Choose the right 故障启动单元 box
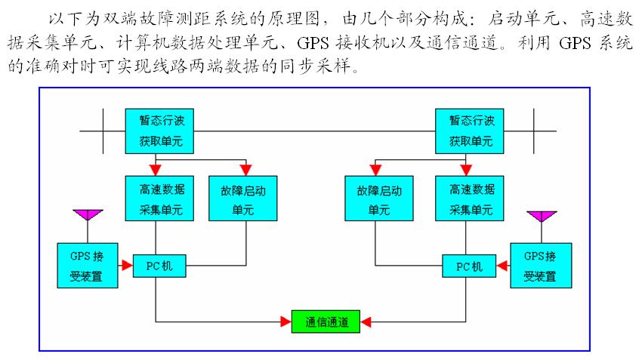coord(378,198)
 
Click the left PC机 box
coord(159,265)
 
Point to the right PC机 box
coord(468,265)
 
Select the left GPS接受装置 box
coord(87,265)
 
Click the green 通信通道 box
coord(326,321)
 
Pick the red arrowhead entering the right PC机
coord(500,265)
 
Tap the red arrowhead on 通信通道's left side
coord(286,321)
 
